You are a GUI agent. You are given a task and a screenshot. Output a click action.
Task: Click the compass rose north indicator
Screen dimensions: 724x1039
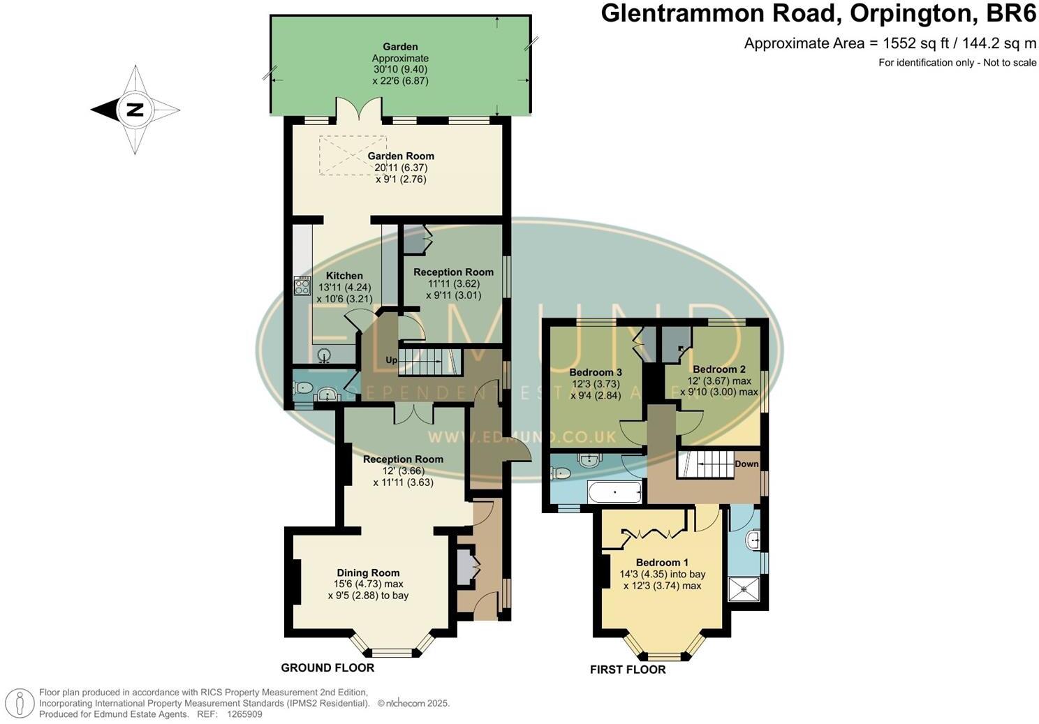(x=135, y=110)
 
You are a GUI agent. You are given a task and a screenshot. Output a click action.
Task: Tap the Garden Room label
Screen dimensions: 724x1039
(x=401, y=156)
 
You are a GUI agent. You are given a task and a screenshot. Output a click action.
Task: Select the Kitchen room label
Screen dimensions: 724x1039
(x=344, y=276)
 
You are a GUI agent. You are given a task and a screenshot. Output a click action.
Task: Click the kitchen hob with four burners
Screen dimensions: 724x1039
(x=302, y=286)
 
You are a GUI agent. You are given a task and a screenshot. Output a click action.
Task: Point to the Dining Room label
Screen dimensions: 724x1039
(x=368, y=572)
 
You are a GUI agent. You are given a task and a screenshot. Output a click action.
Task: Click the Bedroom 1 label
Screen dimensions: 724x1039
(x=662, y=563)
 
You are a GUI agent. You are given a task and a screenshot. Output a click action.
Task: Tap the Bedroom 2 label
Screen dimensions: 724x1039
(x=719, y=369)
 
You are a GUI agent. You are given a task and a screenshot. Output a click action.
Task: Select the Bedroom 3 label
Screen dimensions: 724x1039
(x=595, y=372)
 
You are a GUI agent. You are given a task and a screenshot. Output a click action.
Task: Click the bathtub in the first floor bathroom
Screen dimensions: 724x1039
(x=614, y=493)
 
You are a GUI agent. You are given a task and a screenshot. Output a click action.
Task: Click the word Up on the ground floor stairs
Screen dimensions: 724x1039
(x=392, y=360)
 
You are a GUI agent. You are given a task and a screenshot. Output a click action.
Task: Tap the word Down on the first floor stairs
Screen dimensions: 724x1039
(x=746, y=464)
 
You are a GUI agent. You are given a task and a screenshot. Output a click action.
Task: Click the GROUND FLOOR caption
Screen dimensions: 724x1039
(x=327, y=668)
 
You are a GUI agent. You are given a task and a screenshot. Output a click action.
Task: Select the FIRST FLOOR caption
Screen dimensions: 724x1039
(x=628, y=670)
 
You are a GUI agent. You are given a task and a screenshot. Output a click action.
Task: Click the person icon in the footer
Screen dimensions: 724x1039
(x=23, y=702)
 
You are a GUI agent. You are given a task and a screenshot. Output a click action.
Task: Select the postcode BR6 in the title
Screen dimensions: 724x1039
(x=1010, y=13)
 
